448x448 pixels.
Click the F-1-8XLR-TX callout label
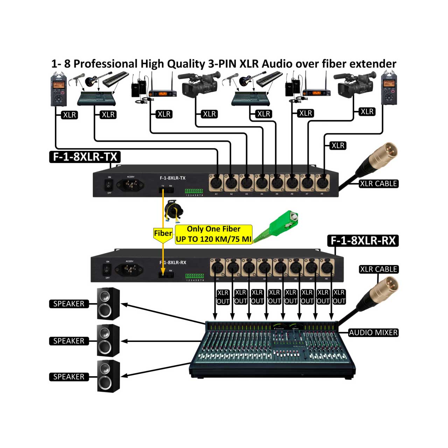click(x=85, y=156)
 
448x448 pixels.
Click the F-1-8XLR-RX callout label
click(x=363, y=240)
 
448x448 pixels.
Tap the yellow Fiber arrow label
click(x=163, y=234)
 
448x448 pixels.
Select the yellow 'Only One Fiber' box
click(x=213, y=234)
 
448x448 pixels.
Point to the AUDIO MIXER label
click(x=373, y=332)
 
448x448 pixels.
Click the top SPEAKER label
click(x=69, y=304)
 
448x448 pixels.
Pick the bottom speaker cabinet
click(x=108, y=376)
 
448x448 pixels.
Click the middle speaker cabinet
click(x=108, y=340)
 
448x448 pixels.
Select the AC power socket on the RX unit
click(x=131, y=269)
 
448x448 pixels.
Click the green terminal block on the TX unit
click(x=194, y=191)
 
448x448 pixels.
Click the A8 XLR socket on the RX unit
click(x=327, y=268)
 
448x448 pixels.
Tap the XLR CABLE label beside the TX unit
click(x=378, y=183)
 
